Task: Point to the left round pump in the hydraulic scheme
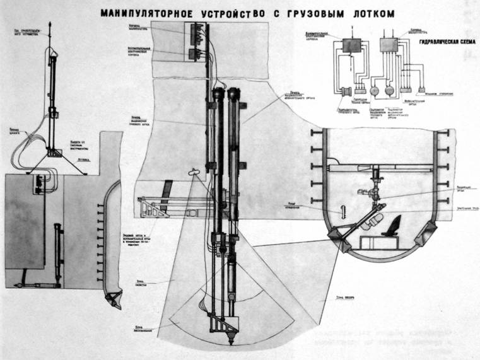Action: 374,90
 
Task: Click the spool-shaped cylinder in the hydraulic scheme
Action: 346,91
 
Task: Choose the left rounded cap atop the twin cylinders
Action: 219,93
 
